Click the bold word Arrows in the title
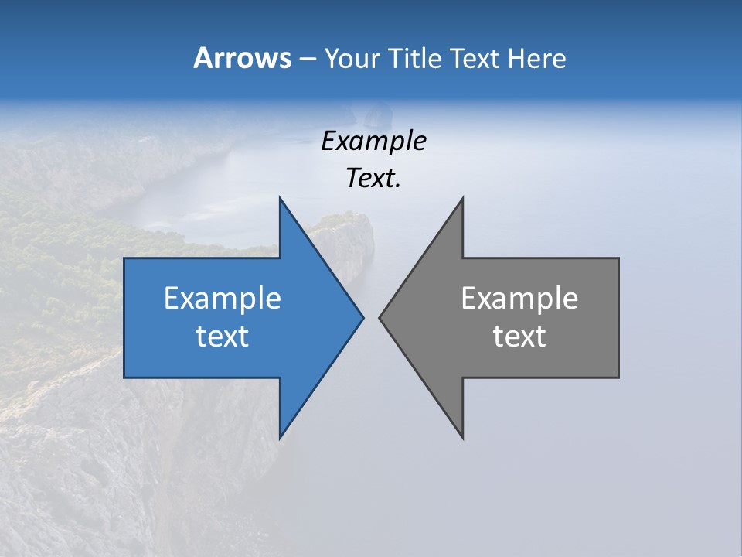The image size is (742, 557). [x=242, y=58]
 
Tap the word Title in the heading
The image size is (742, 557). [x=414, y=59]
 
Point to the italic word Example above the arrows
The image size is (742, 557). [x=373, y=141]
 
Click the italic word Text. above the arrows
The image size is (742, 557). [x=373, y=179]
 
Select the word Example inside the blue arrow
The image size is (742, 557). [x=223, y=299]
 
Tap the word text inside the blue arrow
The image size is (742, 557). [x=223, y=337]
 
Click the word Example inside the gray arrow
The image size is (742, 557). [x=519, y=299]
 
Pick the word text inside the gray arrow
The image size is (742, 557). [x=519, y=337]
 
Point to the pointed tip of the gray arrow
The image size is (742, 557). [x=380, y=317]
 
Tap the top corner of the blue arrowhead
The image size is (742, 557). [x=280, y=199]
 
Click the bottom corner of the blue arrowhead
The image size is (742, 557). [x=280, y=437]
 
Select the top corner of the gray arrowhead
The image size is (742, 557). [x=462, y=199]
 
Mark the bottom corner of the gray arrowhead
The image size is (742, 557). [x=462, y=437]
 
